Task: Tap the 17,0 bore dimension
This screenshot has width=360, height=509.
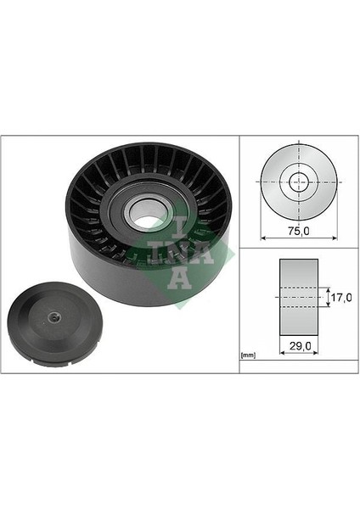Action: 341,298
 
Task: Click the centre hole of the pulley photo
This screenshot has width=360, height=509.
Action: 148,221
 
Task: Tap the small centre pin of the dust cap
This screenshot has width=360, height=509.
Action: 53,317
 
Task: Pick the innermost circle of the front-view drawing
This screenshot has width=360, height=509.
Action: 298,181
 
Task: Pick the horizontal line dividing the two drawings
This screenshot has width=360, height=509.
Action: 298,248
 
